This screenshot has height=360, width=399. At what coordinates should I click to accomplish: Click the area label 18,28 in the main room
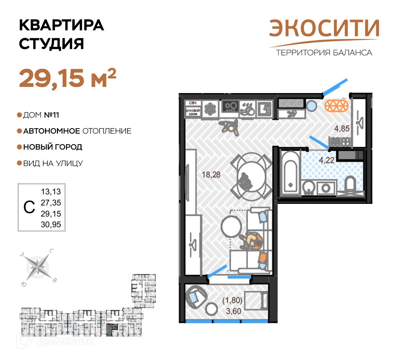[x=211, y=175]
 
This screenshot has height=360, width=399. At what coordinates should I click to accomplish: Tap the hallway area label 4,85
[x=342, y=129]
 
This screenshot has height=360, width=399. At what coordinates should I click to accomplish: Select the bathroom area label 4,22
[x=326, y=160]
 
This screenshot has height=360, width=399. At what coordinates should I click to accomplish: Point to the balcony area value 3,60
[x=233, y=311]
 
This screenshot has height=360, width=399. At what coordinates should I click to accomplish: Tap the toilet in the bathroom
[x=350, y=184]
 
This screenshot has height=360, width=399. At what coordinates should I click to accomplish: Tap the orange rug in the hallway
[x=336, y=106]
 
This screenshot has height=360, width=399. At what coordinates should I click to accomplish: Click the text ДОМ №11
[x=41, y=115]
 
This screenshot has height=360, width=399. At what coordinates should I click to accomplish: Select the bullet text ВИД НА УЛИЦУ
[x=53, y=163]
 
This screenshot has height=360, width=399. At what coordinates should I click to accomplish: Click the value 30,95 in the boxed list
[x=51, y=224]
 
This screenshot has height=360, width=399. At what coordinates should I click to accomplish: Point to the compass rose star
[x=38, y=267]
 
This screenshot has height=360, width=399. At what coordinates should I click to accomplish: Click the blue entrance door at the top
[x=335, y=87]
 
